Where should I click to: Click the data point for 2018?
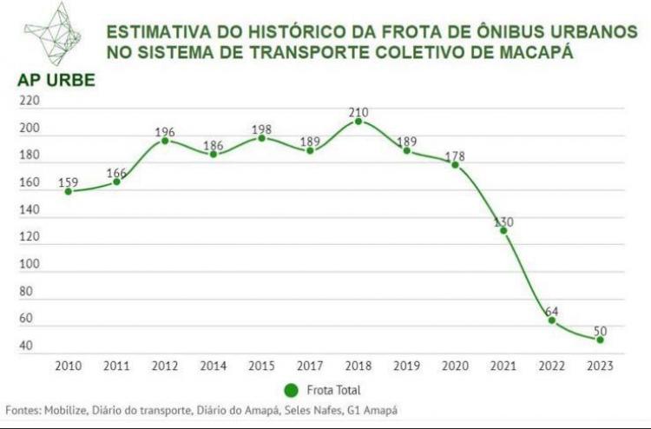(x=358, y=122)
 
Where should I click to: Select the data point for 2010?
(x=68, y=191)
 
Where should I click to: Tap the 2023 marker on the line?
(x=600, y=340)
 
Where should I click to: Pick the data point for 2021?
(x=503, y=230)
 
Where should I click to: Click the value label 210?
(x=358, y=112)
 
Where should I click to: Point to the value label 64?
(x=551, y=310)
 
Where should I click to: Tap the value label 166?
(x=116, y=173)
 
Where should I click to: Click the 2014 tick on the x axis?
(x=213, y=366)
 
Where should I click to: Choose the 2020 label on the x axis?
(x=454, y=366)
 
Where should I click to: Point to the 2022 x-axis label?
(x=551, y=366)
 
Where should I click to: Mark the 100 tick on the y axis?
(x=30, y=264)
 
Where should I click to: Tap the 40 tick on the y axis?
(x=26, y=346)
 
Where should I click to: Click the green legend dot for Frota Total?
(x=291, y=390)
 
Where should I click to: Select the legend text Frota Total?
(x=333, y=391)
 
